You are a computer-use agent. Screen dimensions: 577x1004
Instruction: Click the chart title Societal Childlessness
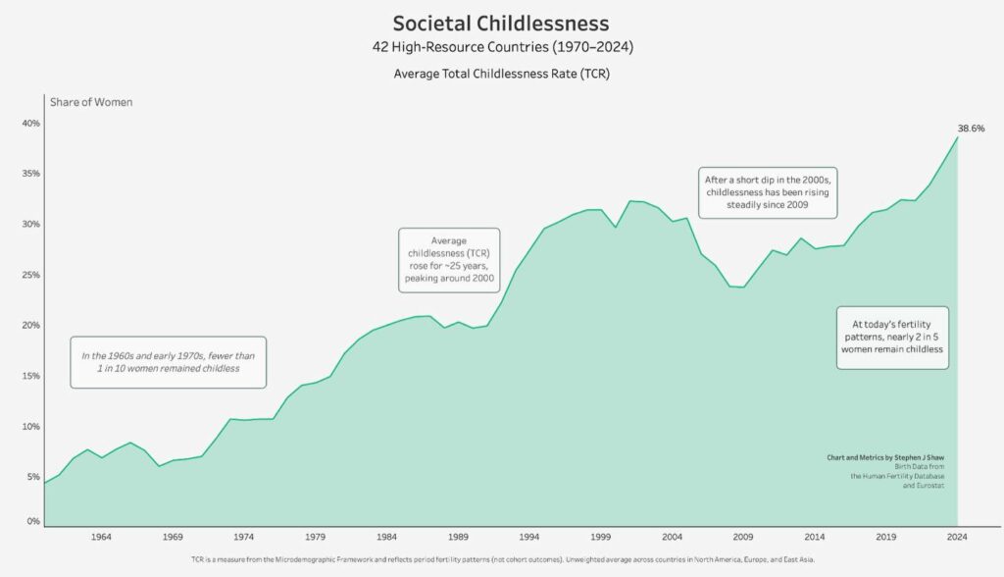501,23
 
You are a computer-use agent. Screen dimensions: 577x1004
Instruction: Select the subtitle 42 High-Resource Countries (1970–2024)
501,47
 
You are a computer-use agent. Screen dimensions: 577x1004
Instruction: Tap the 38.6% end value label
971,129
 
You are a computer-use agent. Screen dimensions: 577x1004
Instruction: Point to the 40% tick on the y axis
29,124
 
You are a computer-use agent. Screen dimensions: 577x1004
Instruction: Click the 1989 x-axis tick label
458,537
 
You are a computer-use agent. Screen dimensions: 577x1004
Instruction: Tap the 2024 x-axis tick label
957,537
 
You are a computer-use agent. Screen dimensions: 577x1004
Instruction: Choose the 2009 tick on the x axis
743,537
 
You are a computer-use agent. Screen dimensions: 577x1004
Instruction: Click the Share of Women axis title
91,102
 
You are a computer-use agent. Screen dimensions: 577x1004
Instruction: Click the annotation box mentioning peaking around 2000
449,260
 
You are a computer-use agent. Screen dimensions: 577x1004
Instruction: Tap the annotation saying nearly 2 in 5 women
891,336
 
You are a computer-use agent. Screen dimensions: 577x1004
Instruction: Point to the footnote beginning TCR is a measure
501,557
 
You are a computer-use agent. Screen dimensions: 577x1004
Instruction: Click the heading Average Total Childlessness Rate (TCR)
501,74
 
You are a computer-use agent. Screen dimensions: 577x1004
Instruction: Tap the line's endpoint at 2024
957,136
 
